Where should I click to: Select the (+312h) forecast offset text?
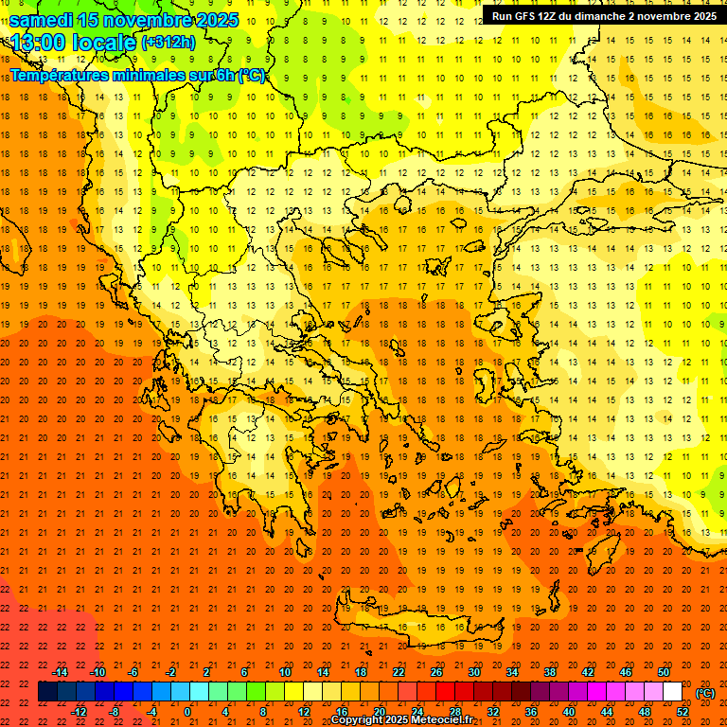click(168, 43)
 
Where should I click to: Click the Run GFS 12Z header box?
click(603, 15)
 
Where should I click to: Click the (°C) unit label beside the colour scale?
click(705, 693)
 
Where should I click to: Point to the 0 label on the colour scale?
click(187, 712)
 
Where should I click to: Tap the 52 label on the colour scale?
click(683, 712)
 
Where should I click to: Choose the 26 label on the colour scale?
click(436, 672)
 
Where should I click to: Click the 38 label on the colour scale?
click(550, 672)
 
